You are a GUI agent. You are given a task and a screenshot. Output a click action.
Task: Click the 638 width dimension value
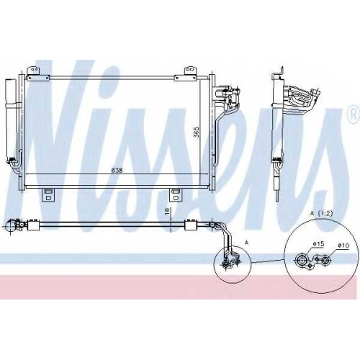point(117,170)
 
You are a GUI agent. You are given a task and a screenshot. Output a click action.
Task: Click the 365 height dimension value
point(197,132)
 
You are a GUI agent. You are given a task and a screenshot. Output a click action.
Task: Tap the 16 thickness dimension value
point(168,211)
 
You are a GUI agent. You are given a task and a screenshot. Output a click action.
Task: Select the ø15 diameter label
point(318,244)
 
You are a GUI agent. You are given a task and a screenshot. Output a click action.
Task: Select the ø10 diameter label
point(343,246)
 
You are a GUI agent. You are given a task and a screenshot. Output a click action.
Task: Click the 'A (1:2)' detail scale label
point(321,213)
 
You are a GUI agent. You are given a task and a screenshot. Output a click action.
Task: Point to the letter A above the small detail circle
point(247,243)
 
